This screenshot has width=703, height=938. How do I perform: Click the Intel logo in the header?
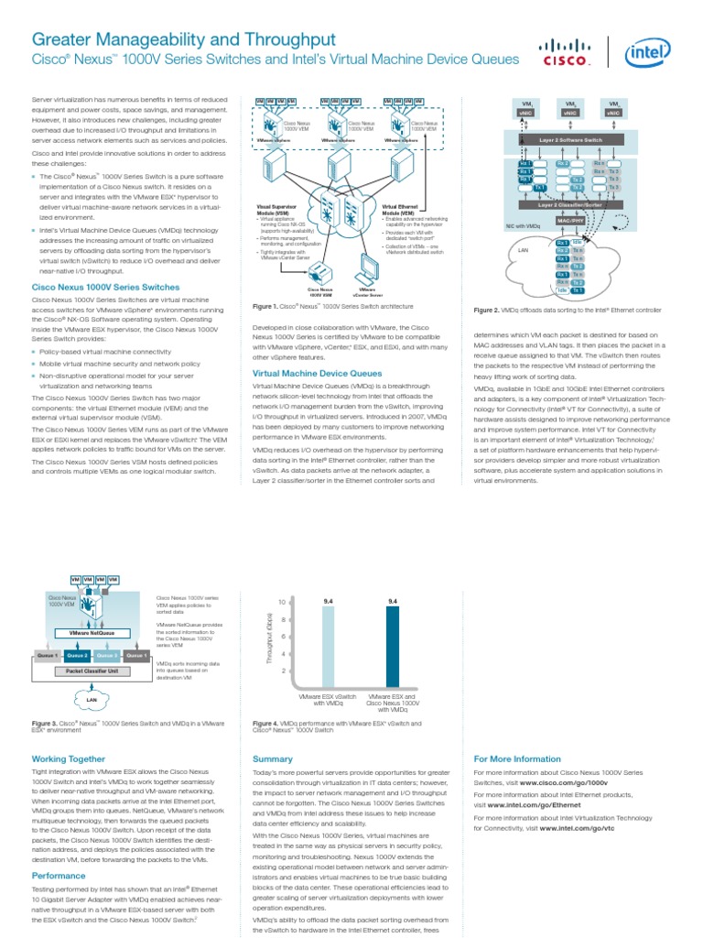[648, 52]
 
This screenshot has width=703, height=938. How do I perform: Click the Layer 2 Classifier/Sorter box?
[568, 204]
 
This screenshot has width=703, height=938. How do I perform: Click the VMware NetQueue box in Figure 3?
[92, 633]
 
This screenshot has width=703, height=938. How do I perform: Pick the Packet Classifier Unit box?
[92, 671]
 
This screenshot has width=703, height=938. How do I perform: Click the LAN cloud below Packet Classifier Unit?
[91, 701]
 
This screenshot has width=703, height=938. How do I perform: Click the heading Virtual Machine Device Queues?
[317, 374]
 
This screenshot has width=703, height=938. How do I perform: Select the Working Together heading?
[68, 759]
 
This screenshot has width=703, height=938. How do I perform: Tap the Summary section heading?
[272, 759]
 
